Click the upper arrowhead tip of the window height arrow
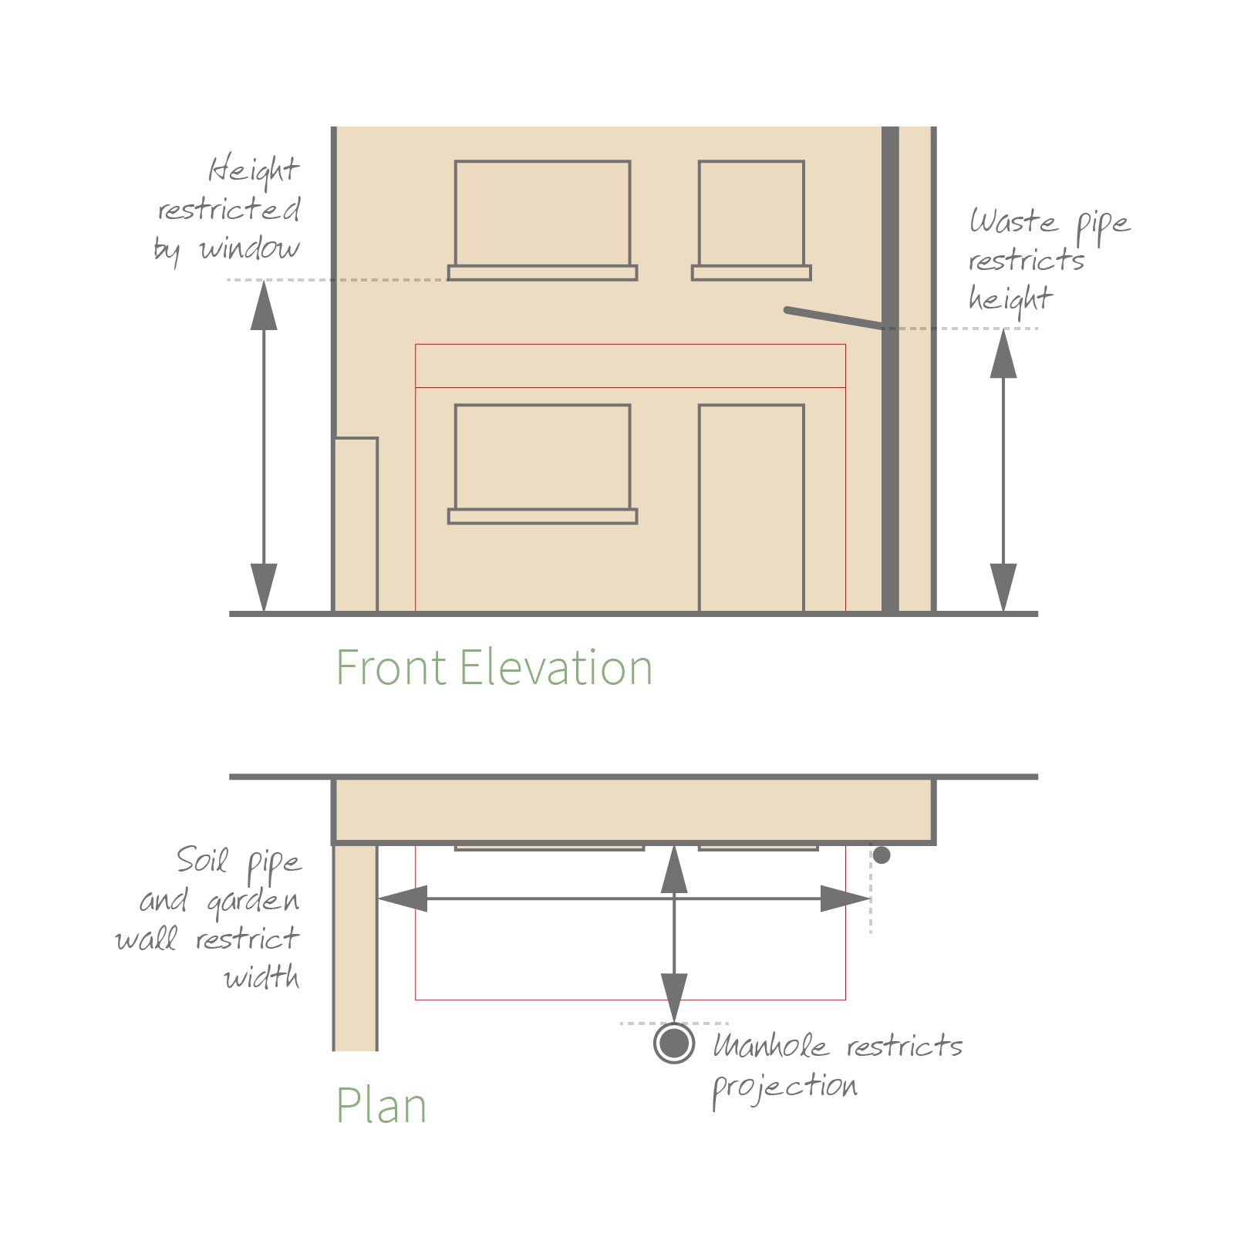tap(264, 282)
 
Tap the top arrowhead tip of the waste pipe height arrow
tap(1003, 330)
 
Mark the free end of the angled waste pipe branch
tap(787, 310)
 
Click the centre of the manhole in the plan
tap(674, 1044)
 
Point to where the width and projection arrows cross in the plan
tap(674, 899)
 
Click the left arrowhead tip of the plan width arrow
tap(378, 899)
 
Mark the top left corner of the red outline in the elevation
tap(416, 344)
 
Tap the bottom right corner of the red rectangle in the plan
tap(845, 1000)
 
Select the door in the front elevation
tap(751, 508)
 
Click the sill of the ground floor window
tap(543, 516)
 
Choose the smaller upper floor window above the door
tap(751, 220)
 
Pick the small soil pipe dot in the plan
tap(882, 855)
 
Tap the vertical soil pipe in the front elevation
tap(890, 370)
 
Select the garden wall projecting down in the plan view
tap(355, 948)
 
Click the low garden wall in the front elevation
tap(356, 525)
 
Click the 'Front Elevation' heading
tap(494, 668)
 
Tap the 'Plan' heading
tap(381, 1106)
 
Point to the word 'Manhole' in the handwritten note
tap(770, 1045)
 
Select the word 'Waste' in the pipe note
tap(1013, 221)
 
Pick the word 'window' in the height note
tap(249, 248)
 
